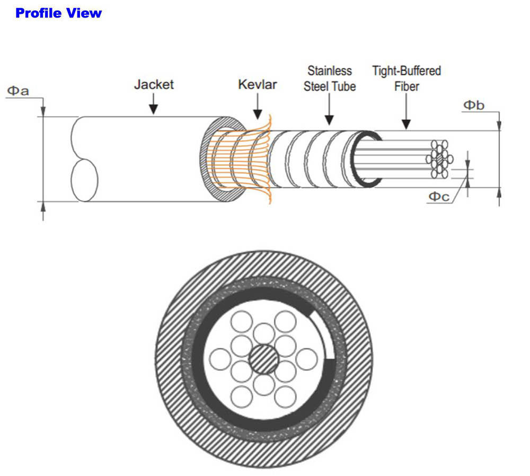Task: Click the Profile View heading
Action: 58,13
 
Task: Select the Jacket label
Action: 154,84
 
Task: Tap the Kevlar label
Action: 258,84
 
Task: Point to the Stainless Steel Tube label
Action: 329,78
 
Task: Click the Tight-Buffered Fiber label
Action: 407,78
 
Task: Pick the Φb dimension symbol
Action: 474,105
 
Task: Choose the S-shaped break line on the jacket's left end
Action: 82,159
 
